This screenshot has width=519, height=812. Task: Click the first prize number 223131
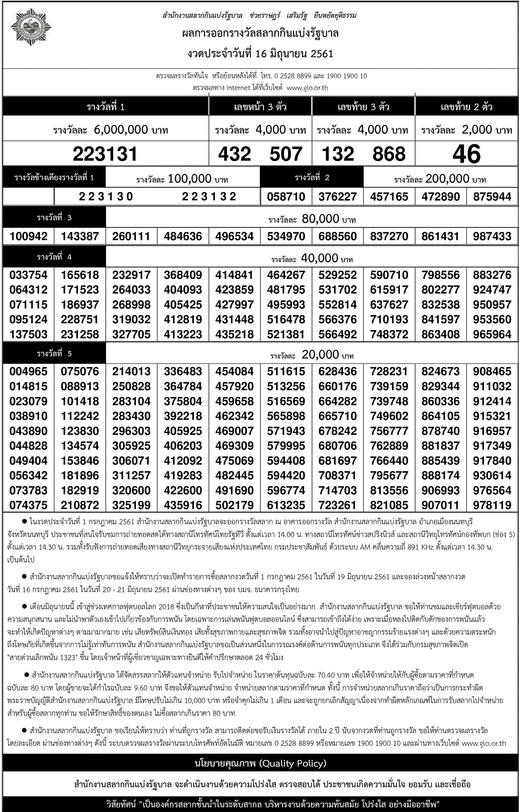click(105, 154)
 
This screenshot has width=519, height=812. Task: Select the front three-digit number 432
click(235, 154)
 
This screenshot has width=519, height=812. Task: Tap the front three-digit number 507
click(286, 154)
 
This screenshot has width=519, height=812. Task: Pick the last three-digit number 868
click(389, 154)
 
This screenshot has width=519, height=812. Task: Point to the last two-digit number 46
click(466, 154)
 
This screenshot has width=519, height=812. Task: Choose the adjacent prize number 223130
click(106, 197)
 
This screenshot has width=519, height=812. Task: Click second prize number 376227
click(337, 197)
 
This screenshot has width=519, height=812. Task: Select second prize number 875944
click(492, 197)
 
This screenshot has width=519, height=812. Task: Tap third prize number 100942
click(28, 236)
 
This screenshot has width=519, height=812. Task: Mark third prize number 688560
click(337, 236)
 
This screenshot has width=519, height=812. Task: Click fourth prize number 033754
click(28, 275)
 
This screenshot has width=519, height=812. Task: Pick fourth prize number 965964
click(492, 334)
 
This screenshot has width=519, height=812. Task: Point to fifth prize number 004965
click(28, 372)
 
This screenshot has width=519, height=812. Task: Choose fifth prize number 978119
click(492, 505)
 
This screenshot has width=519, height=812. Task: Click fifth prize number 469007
click(234, 431)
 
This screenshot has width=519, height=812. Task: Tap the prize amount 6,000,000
click(121, 130)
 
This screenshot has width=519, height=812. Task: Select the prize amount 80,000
click(320, 219)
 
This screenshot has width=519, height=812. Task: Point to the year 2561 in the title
click(322, 54)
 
